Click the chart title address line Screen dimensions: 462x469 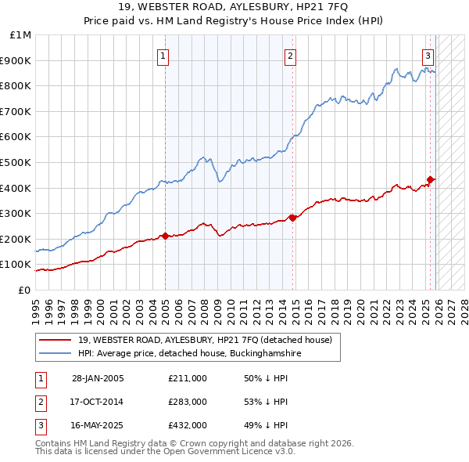tap(234, 7)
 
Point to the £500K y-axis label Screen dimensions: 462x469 tap(17, 163)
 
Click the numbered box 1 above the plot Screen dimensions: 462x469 tap(163, 56)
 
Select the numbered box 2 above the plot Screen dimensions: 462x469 tap(290, 56)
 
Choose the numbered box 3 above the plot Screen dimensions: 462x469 tap(428, 56)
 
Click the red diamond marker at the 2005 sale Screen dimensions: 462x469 tap(165, 236)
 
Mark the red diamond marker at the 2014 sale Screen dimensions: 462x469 tap(292, 218)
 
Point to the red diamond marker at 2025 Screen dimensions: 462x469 tap(431, 179)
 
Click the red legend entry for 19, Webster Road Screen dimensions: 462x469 tap(205, 340)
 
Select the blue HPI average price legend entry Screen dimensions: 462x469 tap(189, 354)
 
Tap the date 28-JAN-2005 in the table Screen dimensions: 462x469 tap(98, 378)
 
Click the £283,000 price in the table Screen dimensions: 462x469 tap(188, 402)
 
